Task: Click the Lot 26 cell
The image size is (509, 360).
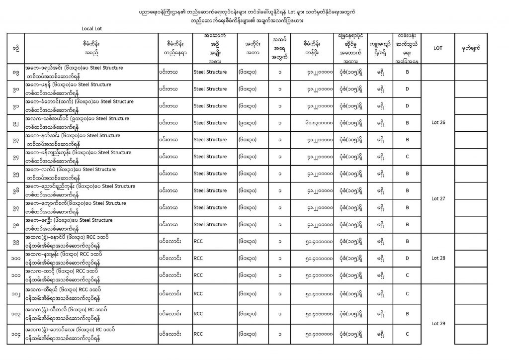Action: coord(438,123)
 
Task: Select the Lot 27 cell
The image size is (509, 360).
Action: coord(438,198)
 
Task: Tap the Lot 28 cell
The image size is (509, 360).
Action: coord(438,258)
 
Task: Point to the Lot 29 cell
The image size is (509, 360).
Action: coord(438,324)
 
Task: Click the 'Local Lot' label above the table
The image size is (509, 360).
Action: coord(91,28)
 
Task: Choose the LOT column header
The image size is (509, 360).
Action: coord(438,48)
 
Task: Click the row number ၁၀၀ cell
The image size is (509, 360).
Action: coord(16,258)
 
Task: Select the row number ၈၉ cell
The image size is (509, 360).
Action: coord(16,72)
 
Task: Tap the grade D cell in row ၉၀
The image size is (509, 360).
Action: coord(407,89)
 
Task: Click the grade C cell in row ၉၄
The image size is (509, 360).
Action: coord(407,157)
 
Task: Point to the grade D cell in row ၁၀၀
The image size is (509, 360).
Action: coord(407,258)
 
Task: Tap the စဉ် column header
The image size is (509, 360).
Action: coord(16,48)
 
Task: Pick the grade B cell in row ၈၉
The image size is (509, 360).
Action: coord(407,72)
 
